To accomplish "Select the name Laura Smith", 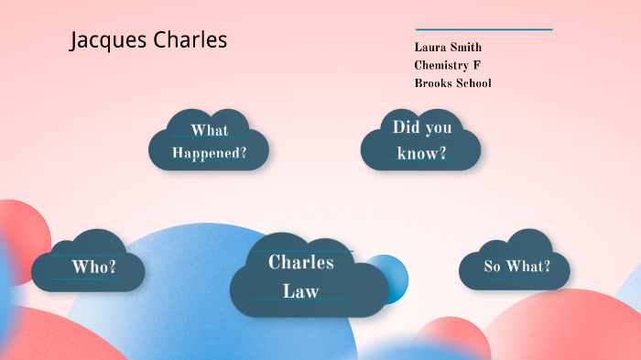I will pos(448,47).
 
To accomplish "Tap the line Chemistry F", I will pos(447,65).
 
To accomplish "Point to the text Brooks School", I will pos(452,83).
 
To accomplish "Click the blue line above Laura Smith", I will pos(483,29).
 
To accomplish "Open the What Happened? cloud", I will pos(210,141).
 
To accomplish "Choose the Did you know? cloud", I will pos(421,140).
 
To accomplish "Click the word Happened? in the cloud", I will pos(210,153).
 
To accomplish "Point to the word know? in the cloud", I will pos(422,153).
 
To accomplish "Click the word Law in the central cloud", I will pos(300,292).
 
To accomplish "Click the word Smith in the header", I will pos(466,47).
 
